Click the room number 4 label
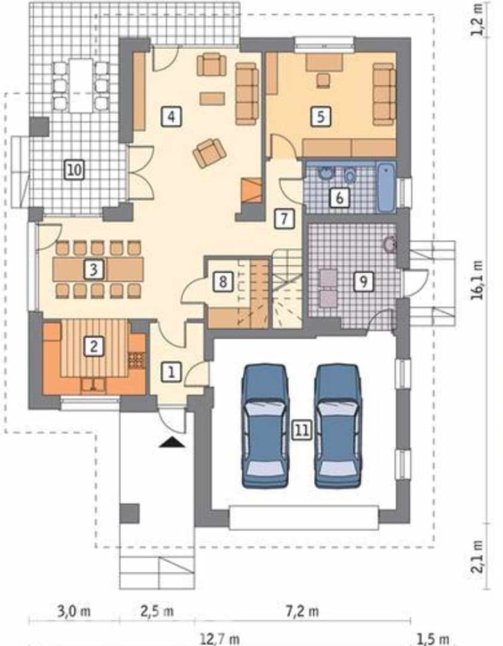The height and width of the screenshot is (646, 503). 171,116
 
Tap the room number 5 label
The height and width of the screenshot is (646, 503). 321,116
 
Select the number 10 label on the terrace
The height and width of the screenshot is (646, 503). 74,170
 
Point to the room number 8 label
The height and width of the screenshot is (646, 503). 223,282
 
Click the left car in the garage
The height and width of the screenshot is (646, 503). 264,426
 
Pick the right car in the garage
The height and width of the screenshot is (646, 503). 338,426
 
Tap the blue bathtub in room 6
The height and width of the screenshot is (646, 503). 387,187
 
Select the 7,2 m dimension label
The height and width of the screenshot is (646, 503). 302,610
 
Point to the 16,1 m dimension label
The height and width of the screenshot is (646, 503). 478,280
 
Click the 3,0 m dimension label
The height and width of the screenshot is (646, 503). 74,610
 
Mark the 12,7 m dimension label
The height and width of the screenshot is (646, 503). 219,640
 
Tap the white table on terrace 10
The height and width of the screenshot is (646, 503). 81,85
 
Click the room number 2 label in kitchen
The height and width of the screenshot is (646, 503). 94,346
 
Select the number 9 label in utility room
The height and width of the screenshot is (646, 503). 364,282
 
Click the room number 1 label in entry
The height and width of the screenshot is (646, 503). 171,373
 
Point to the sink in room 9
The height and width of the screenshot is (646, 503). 389,244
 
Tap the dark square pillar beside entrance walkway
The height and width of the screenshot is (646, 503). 129,513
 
